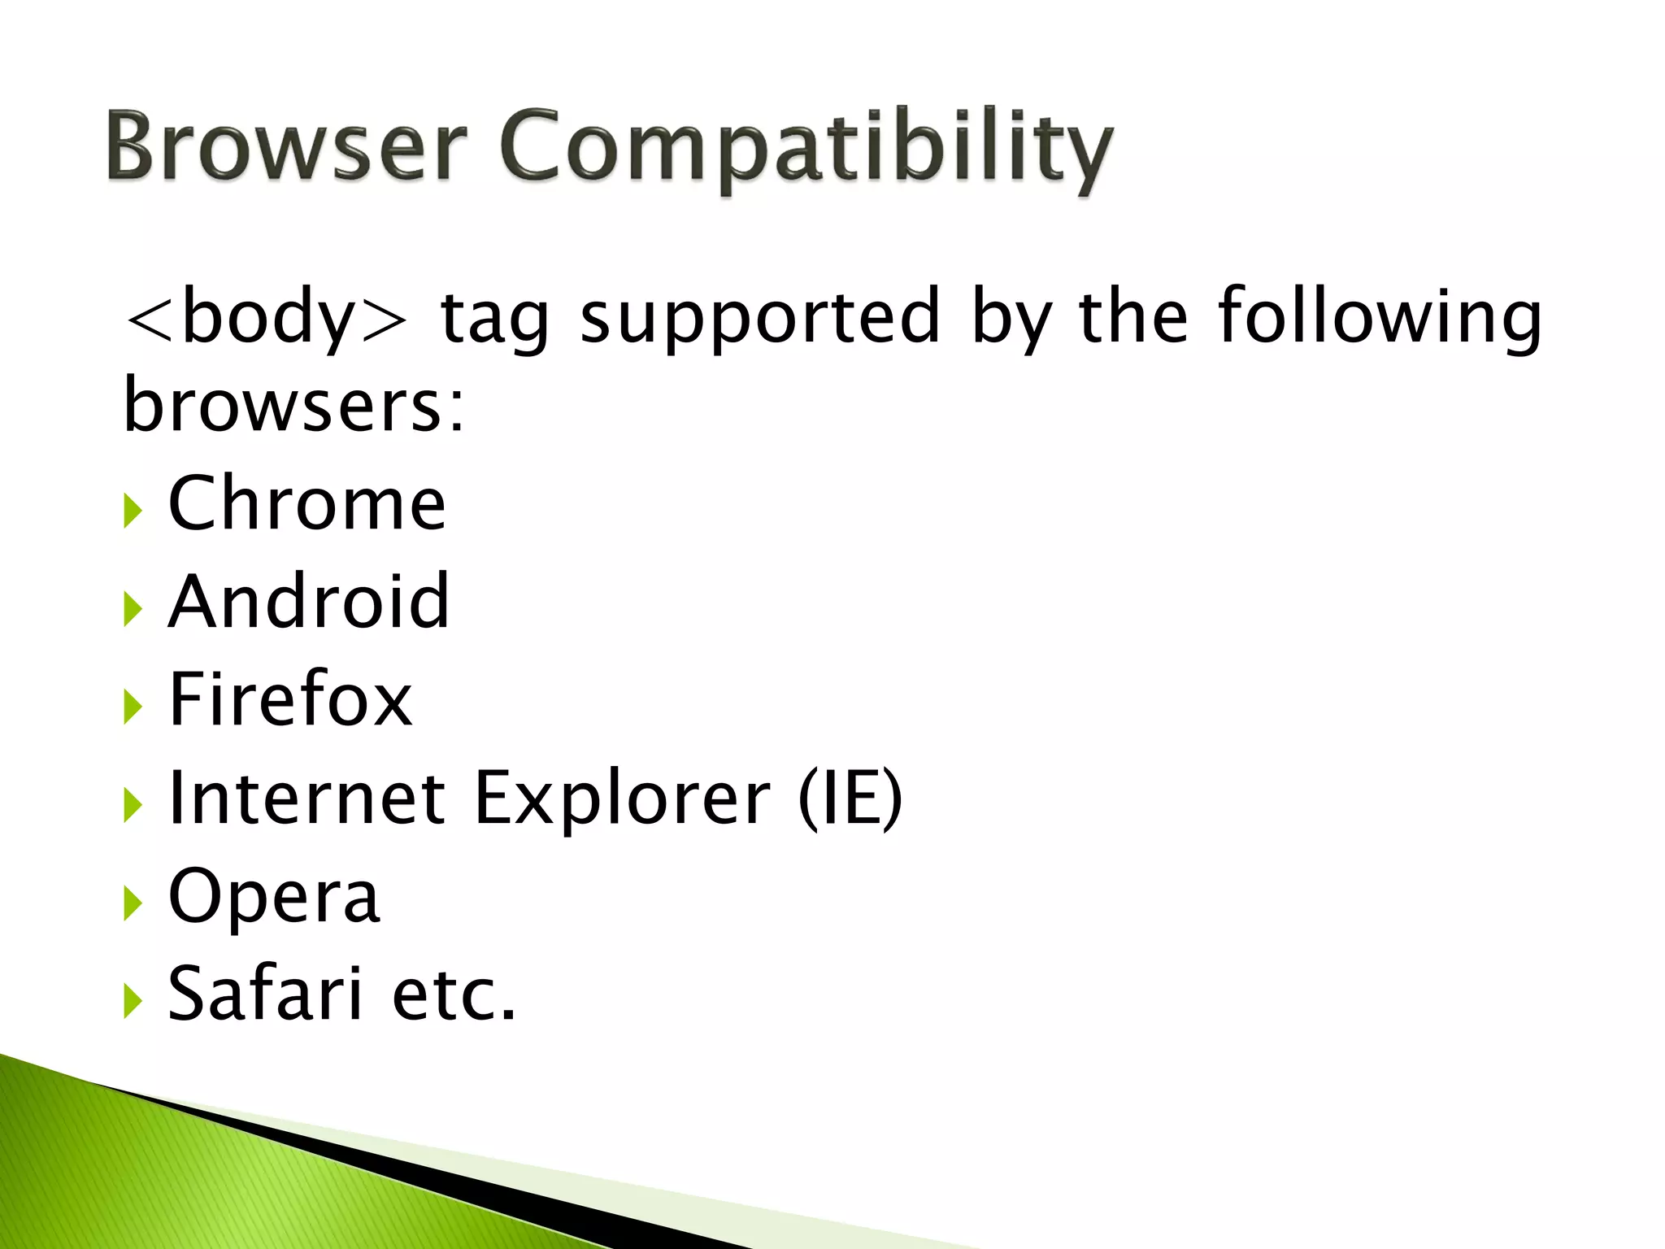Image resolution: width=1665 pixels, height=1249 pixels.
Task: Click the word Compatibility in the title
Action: tap(805, 150)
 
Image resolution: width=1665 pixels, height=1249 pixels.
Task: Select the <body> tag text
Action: tap(265, 317)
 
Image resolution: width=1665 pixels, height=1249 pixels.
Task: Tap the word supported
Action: tap(760, 317)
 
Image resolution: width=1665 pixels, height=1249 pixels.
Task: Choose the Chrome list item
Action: tap(306, 504)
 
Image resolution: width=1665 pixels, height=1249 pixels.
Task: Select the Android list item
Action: tap(308, 602)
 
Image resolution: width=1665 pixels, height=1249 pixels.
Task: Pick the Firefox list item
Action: tap(290, 699)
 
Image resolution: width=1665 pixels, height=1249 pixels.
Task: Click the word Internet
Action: tap(306, 798)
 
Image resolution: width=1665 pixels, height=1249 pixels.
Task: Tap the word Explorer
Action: tap(622, 798)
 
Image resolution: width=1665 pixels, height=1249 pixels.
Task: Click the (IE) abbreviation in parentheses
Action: tap(850, 798)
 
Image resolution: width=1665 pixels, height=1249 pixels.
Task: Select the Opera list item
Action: tap(274, 896)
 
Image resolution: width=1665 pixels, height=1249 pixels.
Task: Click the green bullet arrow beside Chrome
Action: tap(133, 511)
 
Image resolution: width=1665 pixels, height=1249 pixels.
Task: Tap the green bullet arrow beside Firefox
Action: tap(133, 707)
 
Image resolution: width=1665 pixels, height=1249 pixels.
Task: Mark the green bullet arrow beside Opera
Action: tap(133, 903)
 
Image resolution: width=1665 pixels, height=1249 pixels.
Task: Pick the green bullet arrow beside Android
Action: tap(133, 609)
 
